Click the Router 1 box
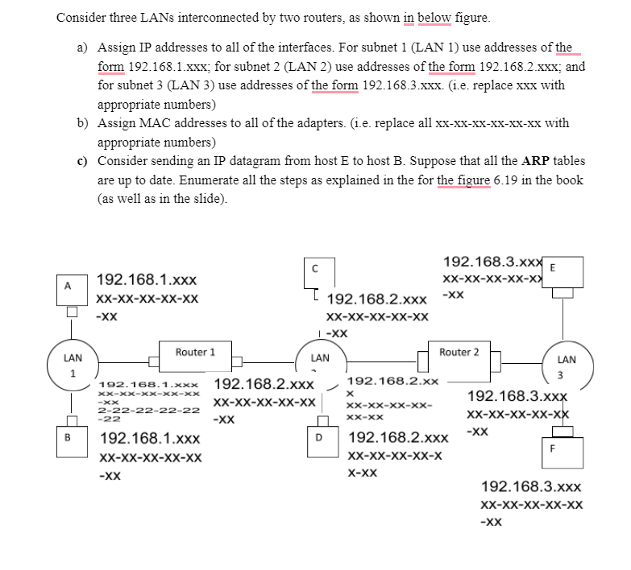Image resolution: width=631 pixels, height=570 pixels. tap(196, 353)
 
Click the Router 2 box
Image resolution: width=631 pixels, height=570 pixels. tap(459, 353)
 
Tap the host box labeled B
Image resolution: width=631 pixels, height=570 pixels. tap(68, 440)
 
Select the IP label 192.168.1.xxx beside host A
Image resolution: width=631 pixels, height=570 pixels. tap(147, 280)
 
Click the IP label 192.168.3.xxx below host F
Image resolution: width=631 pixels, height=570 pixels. tap(530, 487)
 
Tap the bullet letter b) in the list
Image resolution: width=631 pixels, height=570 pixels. tap(82, 123)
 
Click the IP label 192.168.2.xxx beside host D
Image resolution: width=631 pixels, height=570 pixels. tap(398, 440)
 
